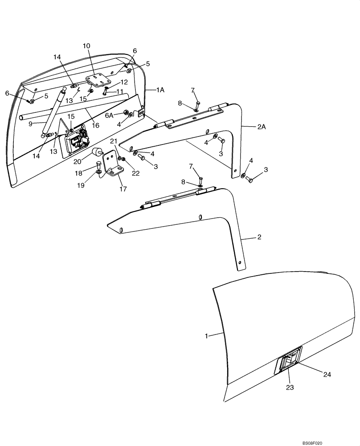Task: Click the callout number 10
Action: click(86, 46)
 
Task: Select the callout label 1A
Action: click(160, 90)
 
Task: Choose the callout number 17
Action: click(123, 189)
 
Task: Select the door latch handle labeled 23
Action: click(290, 358)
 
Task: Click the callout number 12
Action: click(124, 82)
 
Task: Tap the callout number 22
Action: click(136, 173)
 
